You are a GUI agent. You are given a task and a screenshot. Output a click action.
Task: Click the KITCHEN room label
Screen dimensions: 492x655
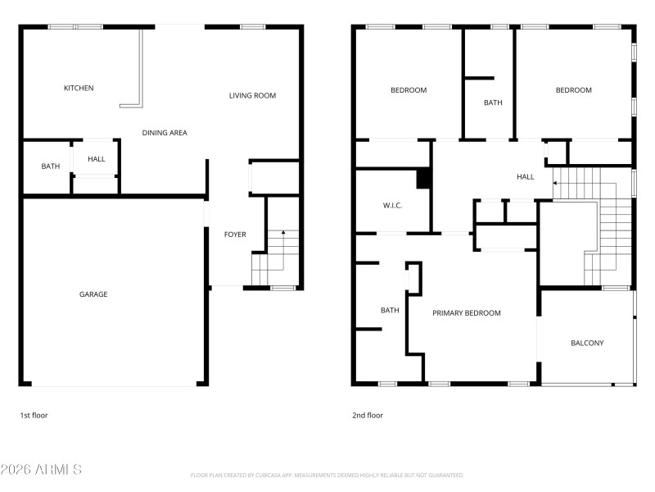point(79,88)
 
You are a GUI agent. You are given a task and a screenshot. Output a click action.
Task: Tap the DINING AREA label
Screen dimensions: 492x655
point(165,132)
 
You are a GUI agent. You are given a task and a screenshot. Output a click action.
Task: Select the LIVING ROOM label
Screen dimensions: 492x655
point(252,96)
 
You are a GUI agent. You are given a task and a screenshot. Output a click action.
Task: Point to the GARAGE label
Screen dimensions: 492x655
point(93,294)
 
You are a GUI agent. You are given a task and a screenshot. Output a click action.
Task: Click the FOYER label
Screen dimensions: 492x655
point(235,235)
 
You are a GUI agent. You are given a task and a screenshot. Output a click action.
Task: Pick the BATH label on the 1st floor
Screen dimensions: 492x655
point(51,166)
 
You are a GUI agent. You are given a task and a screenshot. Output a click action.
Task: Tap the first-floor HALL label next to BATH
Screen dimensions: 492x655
point(97,159)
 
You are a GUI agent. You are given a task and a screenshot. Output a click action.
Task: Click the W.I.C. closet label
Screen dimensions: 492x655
point(392,205)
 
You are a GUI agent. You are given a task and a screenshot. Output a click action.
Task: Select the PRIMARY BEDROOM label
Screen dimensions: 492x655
point(467,313)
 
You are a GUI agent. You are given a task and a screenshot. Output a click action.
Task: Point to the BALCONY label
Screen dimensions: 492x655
point(587,343)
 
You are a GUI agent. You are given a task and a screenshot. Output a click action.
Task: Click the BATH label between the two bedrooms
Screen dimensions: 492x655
point(493,102)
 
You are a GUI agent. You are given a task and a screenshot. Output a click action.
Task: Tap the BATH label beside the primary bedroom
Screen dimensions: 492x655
point(390,310)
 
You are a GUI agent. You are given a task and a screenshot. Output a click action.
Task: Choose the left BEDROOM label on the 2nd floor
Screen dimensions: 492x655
point(409,90)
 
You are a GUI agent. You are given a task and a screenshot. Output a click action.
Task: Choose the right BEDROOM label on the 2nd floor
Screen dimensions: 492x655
point(573,90)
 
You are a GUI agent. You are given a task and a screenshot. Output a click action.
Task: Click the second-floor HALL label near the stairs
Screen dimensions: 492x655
point(525,176)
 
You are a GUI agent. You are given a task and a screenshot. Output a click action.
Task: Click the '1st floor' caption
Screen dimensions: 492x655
point(34,415)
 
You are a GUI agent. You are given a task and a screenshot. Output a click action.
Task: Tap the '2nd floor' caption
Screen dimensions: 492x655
point(368,415)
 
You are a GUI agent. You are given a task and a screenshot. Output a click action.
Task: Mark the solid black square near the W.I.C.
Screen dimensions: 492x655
point(424,179)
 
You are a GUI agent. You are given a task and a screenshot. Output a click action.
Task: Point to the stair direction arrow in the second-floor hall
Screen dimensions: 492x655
point(557,183)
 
